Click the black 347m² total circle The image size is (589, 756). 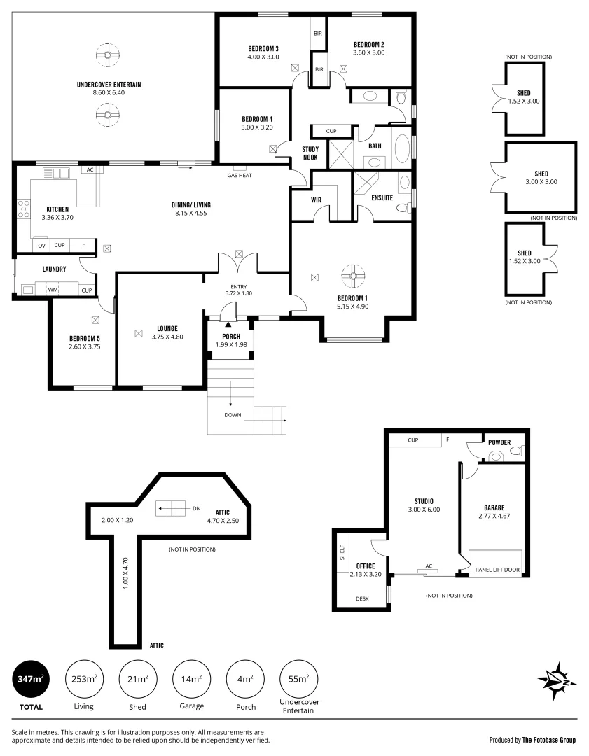click(x=29, y=679)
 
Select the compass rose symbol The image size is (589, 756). click(x=556, y=680)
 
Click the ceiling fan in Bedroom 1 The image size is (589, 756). click(x=354, y=276)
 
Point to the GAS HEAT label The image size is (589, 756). click(x=240, y=175)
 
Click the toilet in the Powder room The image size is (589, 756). click(x=496, y=456)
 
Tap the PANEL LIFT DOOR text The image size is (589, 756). click(x=497, y=570)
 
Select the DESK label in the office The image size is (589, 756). click(x=361, y=598)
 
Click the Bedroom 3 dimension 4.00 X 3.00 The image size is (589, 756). click(x=263, y=57)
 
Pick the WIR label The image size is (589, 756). click(x=315, y=199)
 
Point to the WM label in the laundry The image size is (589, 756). click(x=53, y=289)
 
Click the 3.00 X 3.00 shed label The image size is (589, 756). click(x=541, y=182)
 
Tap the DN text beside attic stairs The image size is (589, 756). click(x=197, y=509)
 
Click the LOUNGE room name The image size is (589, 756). click(x=167, y=328)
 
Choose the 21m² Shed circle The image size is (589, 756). click(x=137, y=679)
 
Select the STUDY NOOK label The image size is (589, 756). click(x=310, y=153)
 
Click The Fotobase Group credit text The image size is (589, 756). click(x=532, y=739)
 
